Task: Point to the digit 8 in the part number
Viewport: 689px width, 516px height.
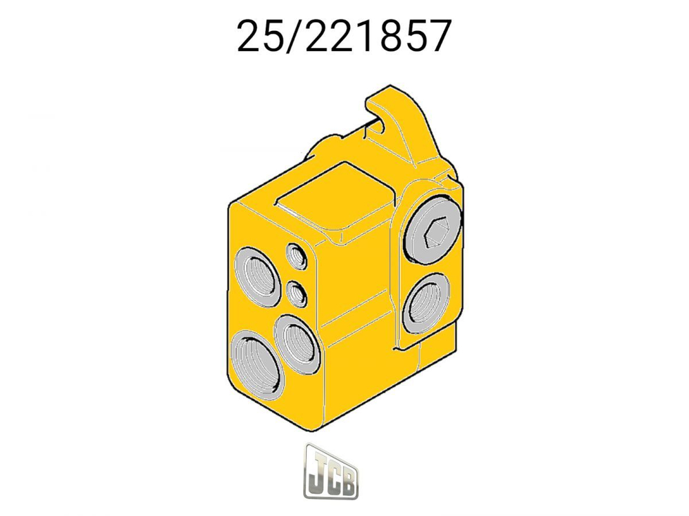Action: coord(389,36)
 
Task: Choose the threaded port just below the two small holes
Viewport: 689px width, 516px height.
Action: coord(296,340)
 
